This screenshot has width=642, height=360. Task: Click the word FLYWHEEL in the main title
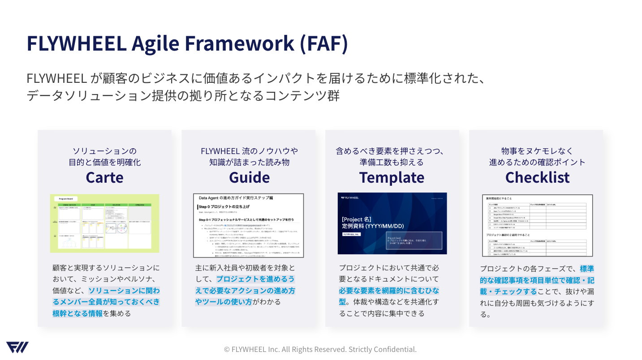(x=76, y=43)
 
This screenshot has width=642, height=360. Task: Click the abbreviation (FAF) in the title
(x=323, y=43)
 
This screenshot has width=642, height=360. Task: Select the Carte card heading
(x=104, y=177)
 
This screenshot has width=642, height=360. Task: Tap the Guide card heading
(x=249, y=177)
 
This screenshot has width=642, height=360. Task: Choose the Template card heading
(x=392, y=177)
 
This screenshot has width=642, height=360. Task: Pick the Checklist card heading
(x=537, y=177)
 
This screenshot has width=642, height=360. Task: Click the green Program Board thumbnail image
(x=104, y=223)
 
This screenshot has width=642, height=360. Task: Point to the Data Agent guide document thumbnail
(x=248, y=225)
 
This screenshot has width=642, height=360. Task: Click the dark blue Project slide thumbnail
(x=392, y=223)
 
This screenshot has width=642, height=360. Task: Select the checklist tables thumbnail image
(x=537, y=225)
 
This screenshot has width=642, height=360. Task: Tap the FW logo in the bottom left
(x=17, y=347)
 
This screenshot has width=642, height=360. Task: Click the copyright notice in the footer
(x=320, y=349)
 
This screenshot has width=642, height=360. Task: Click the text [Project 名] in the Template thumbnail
(x=357, y=219)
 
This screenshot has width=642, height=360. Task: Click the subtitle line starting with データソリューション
(x=183, y=96)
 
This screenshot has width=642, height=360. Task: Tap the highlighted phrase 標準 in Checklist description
(x=586, y=269)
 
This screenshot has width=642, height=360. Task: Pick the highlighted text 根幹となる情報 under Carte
(x=78, y=313)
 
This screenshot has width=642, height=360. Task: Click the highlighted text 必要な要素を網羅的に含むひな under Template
(x=389, y=290)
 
